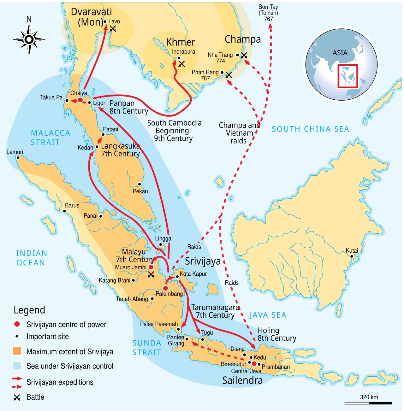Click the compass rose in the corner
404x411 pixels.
[x=29, y=39]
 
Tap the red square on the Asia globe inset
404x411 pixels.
[x=348, y=76]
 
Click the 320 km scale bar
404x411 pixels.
[x=368, y=403]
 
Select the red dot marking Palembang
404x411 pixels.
[x=165, y=288]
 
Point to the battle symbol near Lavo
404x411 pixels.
[x=113, y=29]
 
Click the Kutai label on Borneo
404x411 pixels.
[x=352, y=251]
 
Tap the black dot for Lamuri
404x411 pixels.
[x=18, y=158]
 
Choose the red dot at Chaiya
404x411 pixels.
[x=80, y=100]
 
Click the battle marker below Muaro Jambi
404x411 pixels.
[x=151, y=275]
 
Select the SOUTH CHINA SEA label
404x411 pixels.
[x=310, y=129]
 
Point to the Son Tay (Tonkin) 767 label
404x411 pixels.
[x=268, y=13]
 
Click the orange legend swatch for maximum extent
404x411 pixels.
[x=17, y=351]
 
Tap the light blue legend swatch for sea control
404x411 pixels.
[x=17, y=366]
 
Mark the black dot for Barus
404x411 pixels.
[x=64, y=211]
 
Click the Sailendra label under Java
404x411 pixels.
[x=242, y=380]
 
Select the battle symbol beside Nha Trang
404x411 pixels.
[x=244, y=56]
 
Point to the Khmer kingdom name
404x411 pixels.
[x=181, y=42]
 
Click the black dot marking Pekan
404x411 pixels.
[x=140, y=184]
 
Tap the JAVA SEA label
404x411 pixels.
[x=268, y=315]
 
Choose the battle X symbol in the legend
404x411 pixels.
[x=17, y=397]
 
